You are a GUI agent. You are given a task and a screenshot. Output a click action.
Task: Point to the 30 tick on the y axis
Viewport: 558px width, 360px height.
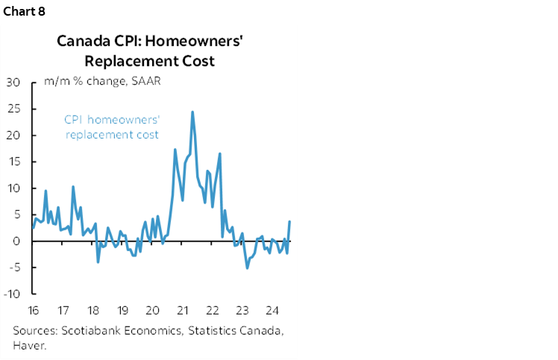click(13, 82)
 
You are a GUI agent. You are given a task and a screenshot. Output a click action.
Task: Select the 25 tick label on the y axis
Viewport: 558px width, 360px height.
click(13, 109)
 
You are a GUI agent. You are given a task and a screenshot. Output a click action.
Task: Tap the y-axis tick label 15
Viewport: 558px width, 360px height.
click(13, 162)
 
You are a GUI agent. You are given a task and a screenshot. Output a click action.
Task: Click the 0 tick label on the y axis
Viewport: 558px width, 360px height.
click(16, 241)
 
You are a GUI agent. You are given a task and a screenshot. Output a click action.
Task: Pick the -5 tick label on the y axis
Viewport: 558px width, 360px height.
click(13, 268)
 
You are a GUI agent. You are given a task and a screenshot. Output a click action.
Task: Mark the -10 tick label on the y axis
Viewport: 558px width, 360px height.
click(11, 294)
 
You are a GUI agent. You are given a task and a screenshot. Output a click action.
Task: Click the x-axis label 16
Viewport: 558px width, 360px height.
click(33, 310)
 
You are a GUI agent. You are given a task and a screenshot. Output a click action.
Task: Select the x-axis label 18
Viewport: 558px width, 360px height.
click(93, 310)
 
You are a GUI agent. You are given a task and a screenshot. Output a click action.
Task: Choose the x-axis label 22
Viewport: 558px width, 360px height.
click(212, 310)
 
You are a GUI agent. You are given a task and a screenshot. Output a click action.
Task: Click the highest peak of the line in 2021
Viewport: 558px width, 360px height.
click(192, 112)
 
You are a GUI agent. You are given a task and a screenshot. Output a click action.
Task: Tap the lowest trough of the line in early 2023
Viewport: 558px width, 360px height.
click(247, 268)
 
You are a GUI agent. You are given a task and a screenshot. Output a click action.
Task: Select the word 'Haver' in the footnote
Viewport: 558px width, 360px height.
click(26, 345)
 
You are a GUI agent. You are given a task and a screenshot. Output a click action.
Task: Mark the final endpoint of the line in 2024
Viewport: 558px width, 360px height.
click(289, 221)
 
